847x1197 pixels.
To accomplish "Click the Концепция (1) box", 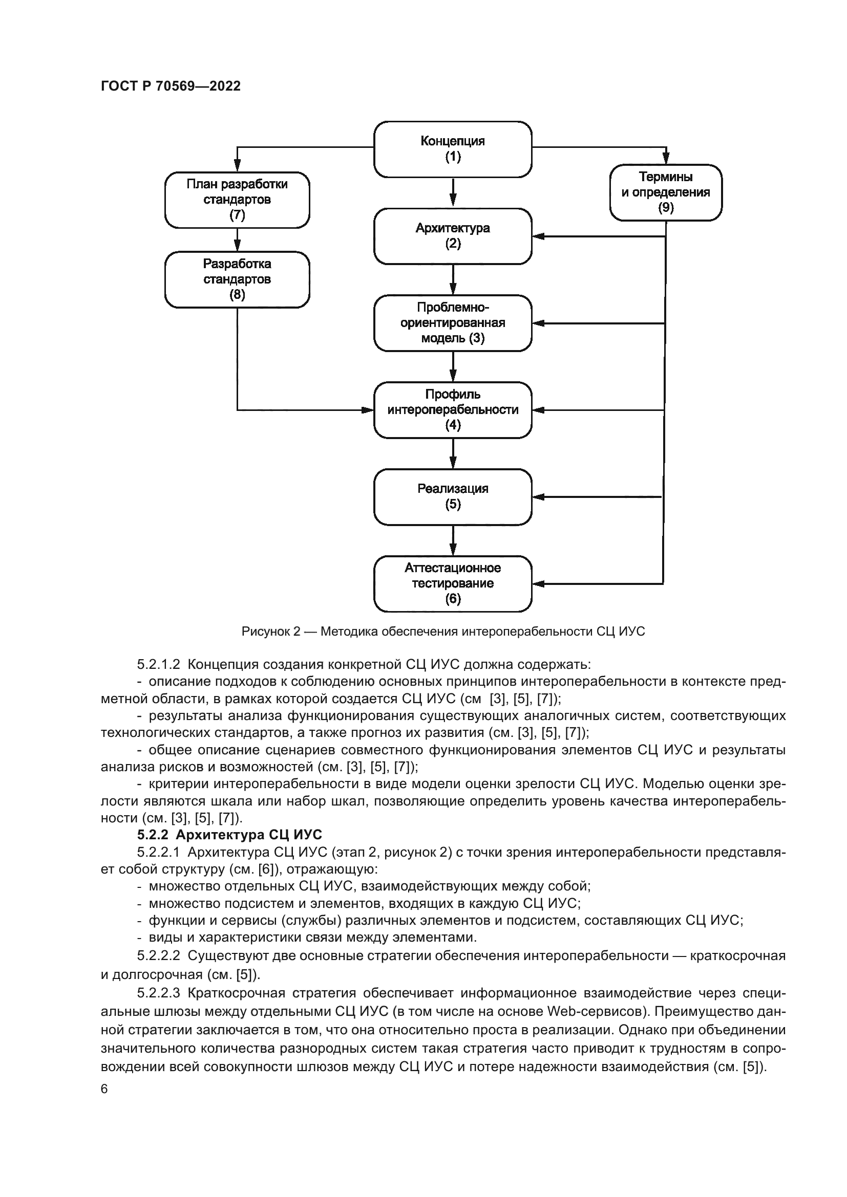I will point(453,149).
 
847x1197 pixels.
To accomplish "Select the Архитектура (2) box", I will point(453,236).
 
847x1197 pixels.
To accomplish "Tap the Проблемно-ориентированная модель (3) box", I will point(453,323).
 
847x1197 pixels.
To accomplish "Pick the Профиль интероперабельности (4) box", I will point(453,410).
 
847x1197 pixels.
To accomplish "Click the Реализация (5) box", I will point(453,497).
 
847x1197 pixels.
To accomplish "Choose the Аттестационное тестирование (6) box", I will point(453,583).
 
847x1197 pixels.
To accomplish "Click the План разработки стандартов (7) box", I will point(237,200).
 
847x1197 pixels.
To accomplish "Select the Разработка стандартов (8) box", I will point(237,279).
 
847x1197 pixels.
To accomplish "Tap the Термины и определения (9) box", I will point(666,192).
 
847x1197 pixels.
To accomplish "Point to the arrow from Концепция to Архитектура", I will point(453,193).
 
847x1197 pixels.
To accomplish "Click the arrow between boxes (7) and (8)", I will point(237,240).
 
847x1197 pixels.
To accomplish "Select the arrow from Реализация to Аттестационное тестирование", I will point(453,540).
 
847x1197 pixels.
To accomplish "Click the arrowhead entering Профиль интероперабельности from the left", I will point(368,410).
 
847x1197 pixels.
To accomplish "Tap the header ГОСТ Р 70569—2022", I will point(171,86).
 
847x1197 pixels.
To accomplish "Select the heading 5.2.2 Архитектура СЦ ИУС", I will point(229,835).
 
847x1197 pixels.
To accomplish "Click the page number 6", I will point(104,1089).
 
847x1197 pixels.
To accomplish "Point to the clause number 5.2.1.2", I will point(159,664).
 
